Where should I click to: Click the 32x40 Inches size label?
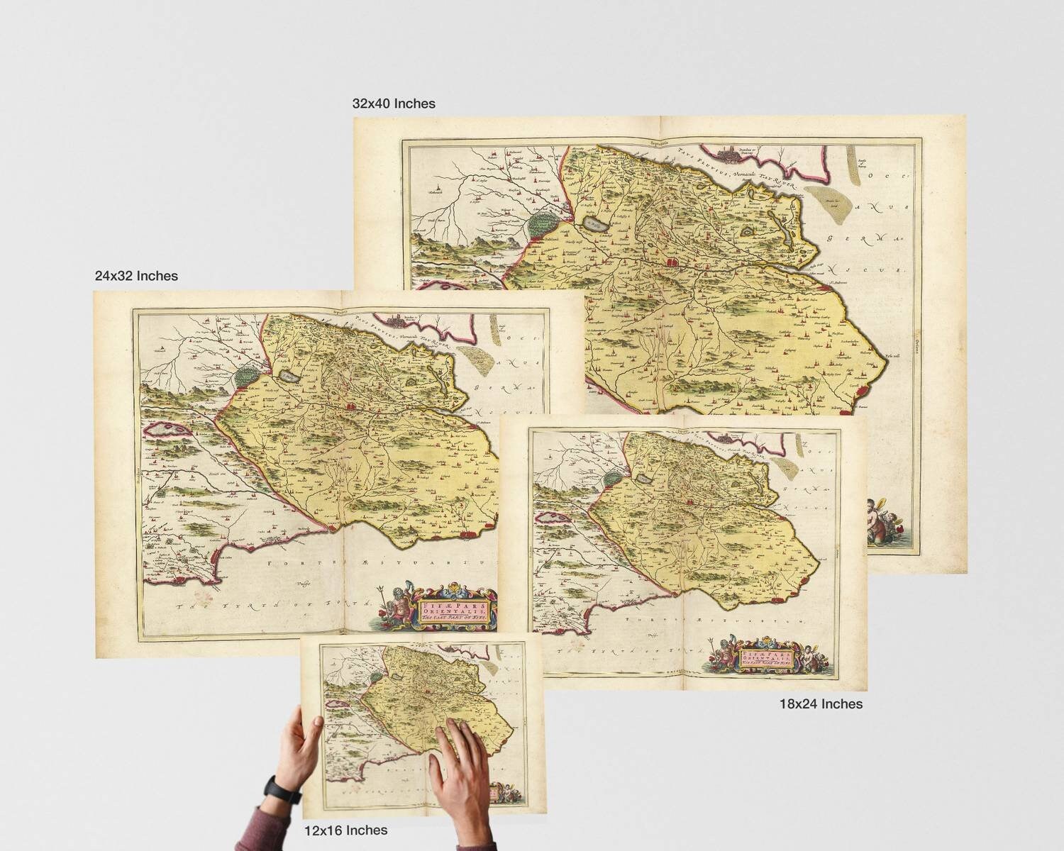(x=394, y=104)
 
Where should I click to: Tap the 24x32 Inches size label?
(x=136, y=275)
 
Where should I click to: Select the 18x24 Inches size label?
(x=821, y=703)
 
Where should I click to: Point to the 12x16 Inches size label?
(x=346, y=830)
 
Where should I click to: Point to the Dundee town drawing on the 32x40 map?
(x=738, y=153)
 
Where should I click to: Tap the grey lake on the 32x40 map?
(x=592, y=224)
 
